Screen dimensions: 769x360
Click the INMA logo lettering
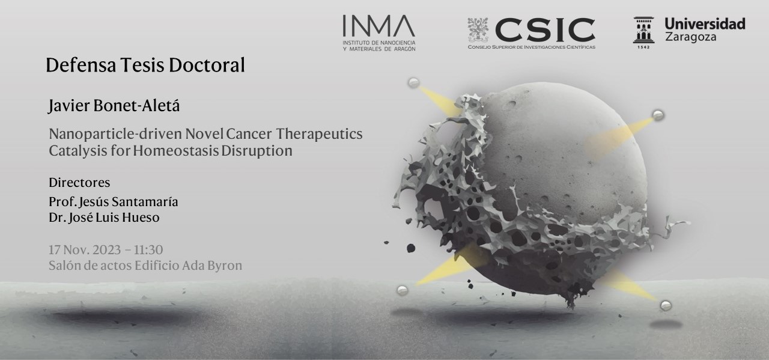point(378,26)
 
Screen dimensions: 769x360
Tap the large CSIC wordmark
point(545,30)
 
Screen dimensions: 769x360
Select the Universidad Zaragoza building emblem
point(643,30)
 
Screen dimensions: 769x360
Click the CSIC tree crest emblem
point(478,30)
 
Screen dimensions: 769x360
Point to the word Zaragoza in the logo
point(691,37)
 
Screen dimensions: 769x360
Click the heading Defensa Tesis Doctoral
point(145,66)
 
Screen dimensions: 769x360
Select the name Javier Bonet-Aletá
point(114,106)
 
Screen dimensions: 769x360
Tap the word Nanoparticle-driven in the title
point(115,134)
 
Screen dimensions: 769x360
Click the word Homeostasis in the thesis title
point(176,151)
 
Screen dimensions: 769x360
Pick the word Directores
point(79,183)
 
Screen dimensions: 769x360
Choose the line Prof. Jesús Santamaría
point(114,202)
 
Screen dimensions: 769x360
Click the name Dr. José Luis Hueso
point(104,218)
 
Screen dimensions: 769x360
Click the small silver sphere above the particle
point(413,83)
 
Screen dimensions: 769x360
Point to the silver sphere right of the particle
point(658,115)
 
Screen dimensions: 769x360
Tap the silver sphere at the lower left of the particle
point(403,291)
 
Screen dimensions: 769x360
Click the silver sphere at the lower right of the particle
point(666,305)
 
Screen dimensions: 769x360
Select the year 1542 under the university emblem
point(643,47)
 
